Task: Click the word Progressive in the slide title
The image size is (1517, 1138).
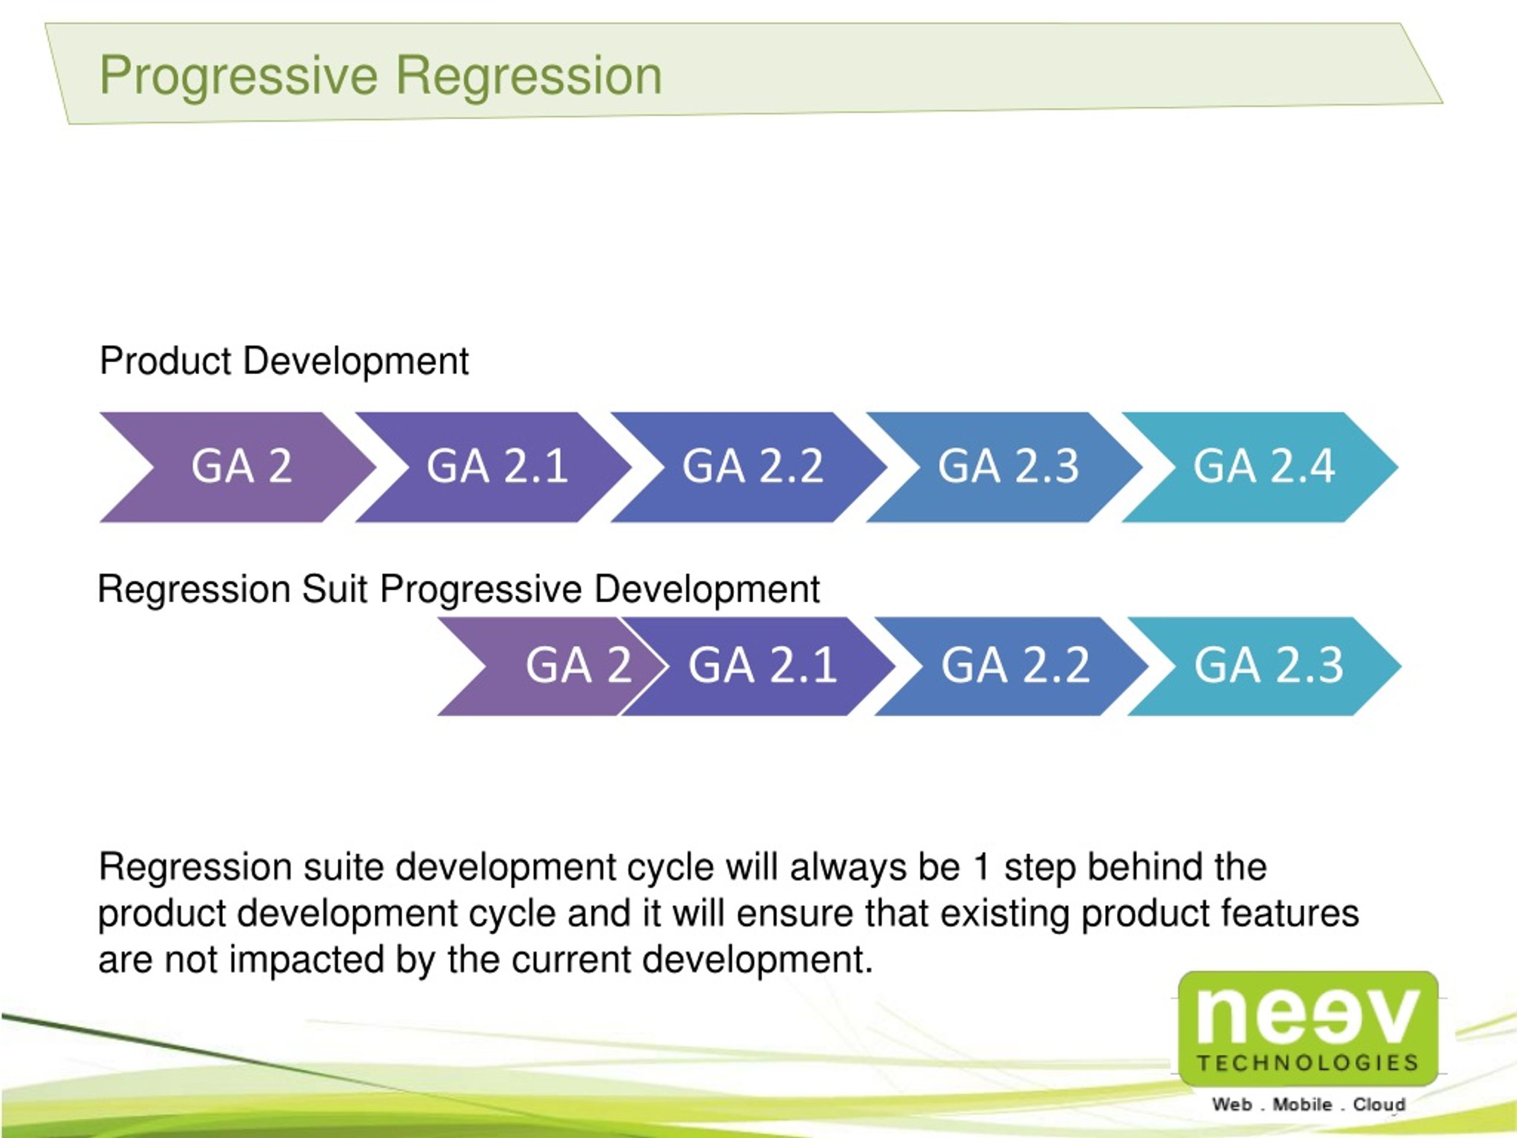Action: tap(239, 75)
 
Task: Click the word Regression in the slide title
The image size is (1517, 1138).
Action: tap(529, 75)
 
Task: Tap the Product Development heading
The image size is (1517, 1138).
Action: tap(284, 361)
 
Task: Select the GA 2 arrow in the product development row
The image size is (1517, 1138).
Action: tap(241, 467)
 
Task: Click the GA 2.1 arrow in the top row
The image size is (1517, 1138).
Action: tap(497, 467)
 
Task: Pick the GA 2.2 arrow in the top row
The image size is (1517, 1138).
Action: tap(753, 467)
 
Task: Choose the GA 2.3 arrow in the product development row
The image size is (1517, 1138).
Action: tap(1008, 467)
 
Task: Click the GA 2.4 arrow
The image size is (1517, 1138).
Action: tap(1263, 467)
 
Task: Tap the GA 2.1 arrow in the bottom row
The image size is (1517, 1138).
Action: tap(762, 666)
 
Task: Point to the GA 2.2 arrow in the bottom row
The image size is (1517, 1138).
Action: tap(1015, 666)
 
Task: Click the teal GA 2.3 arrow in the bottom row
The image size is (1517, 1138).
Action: tap(1268, 666)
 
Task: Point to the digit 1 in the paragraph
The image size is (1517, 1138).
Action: tap(981, 867)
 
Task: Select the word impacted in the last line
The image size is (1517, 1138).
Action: tap(306, 959)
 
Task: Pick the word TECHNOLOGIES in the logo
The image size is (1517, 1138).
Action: tap(1307, 1063)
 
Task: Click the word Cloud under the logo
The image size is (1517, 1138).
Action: tap(1378, 1104)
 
